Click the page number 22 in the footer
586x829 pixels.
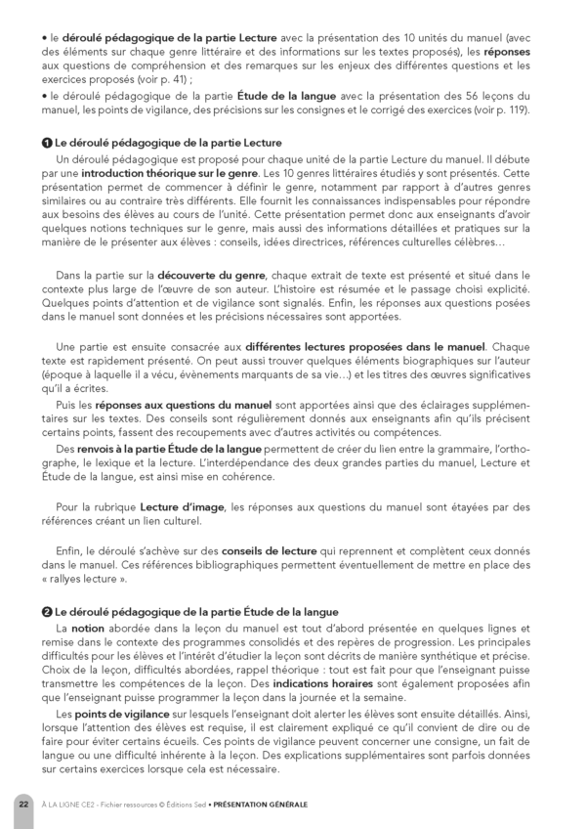23,804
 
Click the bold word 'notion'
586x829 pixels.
88,627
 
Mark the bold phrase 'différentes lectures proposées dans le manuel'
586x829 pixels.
366,346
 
